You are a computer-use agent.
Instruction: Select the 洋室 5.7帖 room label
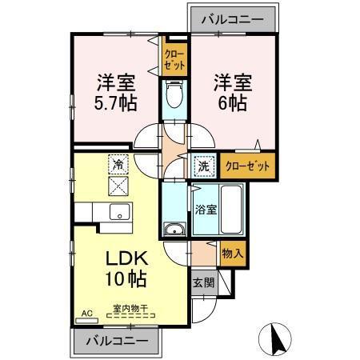coord(115,92)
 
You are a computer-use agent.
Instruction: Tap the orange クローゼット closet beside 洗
coord(247,166)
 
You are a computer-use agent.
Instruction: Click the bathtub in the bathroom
coord(233,210)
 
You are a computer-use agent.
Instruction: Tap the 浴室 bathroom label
coord(206,210)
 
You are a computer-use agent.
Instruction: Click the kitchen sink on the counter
coord(121,213)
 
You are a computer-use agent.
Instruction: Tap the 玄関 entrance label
coord(203,282)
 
